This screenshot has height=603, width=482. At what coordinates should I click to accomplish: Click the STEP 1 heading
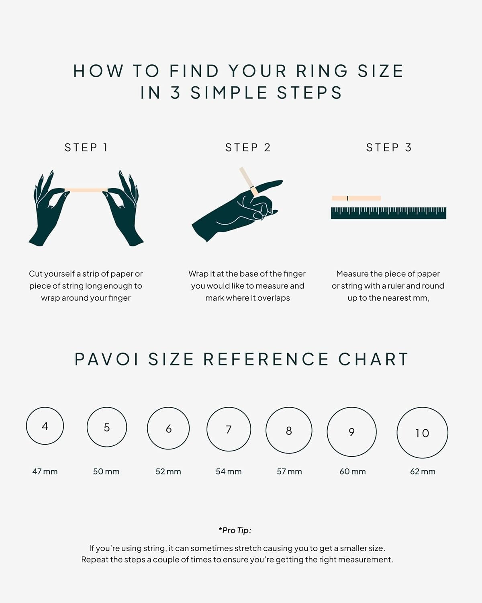[86, 148]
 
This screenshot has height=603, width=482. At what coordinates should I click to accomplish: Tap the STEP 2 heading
[248, 148]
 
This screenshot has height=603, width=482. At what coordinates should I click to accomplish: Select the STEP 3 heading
[389, 148]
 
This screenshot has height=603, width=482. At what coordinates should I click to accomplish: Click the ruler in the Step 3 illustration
[388, 213]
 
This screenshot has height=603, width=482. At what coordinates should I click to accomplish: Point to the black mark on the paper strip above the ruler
[347, 198]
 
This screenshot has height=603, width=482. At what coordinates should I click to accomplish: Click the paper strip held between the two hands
[86, 190]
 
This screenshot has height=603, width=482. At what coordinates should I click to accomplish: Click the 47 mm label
[45, 472]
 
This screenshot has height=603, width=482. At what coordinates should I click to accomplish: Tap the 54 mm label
[229, 472]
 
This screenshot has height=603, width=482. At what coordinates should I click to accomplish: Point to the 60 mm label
[353, 472]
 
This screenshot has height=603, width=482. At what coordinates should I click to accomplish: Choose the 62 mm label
[423, 472]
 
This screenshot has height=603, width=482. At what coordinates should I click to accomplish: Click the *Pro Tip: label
[235, 530]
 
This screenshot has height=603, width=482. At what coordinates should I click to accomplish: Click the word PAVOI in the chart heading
[106, 359]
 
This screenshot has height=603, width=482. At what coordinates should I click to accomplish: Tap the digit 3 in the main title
[175, 93]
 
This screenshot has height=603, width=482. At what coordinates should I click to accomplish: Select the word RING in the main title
[322, 71]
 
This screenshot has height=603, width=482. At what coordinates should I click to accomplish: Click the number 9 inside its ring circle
[351, 433]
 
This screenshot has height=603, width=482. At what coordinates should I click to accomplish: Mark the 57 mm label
[289, 472]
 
